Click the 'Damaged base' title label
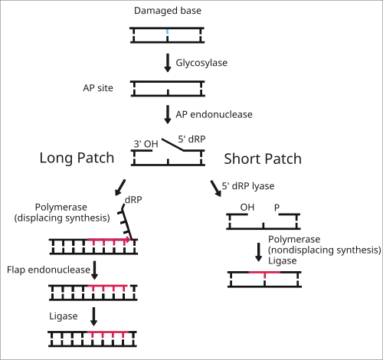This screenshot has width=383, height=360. point(168,11)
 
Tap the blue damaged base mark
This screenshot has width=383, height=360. point(168,32)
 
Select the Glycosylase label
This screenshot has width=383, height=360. point(201,63)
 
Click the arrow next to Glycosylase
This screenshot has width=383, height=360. point(168,63)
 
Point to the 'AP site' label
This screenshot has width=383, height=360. point(98,88)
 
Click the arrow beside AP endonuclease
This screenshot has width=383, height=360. point(168,115)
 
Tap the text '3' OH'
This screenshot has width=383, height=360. point(146,144)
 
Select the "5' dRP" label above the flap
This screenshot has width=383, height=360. point(191,139)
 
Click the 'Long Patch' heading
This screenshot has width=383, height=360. point(77,158)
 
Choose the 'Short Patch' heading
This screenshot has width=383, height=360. point(263,159)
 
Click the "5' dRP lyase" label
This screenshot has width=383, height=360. point(248,186)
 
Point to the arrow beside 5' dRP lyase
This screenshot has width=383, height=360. point(216,188)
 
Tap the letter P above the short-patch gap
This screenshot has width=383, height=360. point(277,208)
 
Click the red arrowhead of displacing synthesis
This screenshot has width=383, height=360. point(127,240)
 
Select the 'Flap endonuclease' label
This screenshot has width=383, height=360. point(48,270)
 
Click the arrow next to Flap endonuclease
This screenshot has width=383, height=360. point(94,270)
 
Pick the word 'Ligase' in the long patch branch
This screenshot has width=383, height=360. point(64,316)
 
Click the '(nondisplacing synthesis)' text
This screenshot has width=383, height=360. point(325,250)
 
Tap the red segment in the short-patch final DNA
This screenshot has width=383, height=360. point(264,273)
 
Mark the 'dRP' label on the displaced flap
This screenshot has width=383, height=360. point(133,200)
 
